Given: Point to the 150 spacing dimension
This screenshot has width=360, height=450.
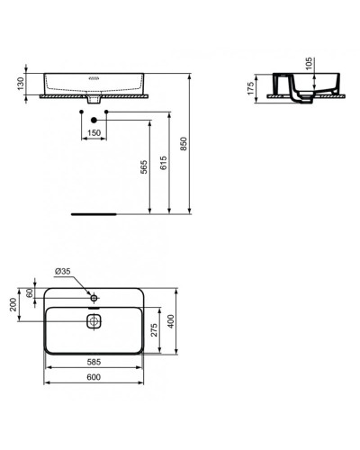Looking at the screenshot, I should pos(94,133).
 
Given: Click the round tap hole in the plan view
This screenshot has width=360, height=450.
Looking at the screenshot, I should pos(94,296).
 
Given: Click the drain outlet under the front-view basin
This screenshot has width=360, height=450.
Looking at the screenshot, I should pos(94,101).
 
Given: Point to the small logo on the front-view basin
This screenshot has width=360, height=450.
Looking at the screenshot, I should pos(94,79).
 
